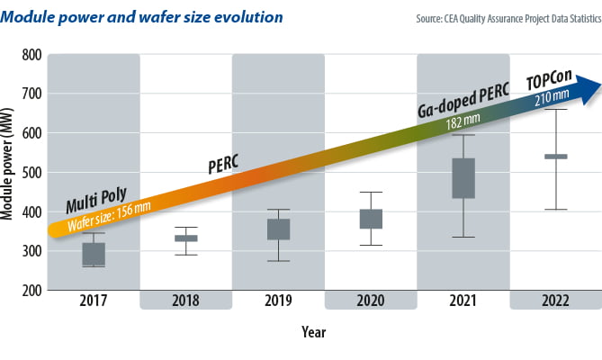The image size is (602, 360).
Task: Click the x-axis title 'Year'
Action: point(314,331)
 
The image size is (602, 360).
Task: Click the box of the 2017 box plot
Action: point(94,254)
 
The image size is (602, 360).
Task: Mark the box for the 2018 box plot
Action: point(185,238)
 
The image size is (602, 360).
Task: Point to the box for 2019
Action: point(278,229)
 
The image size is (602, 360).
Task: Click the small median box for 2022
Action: point(555,157)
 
